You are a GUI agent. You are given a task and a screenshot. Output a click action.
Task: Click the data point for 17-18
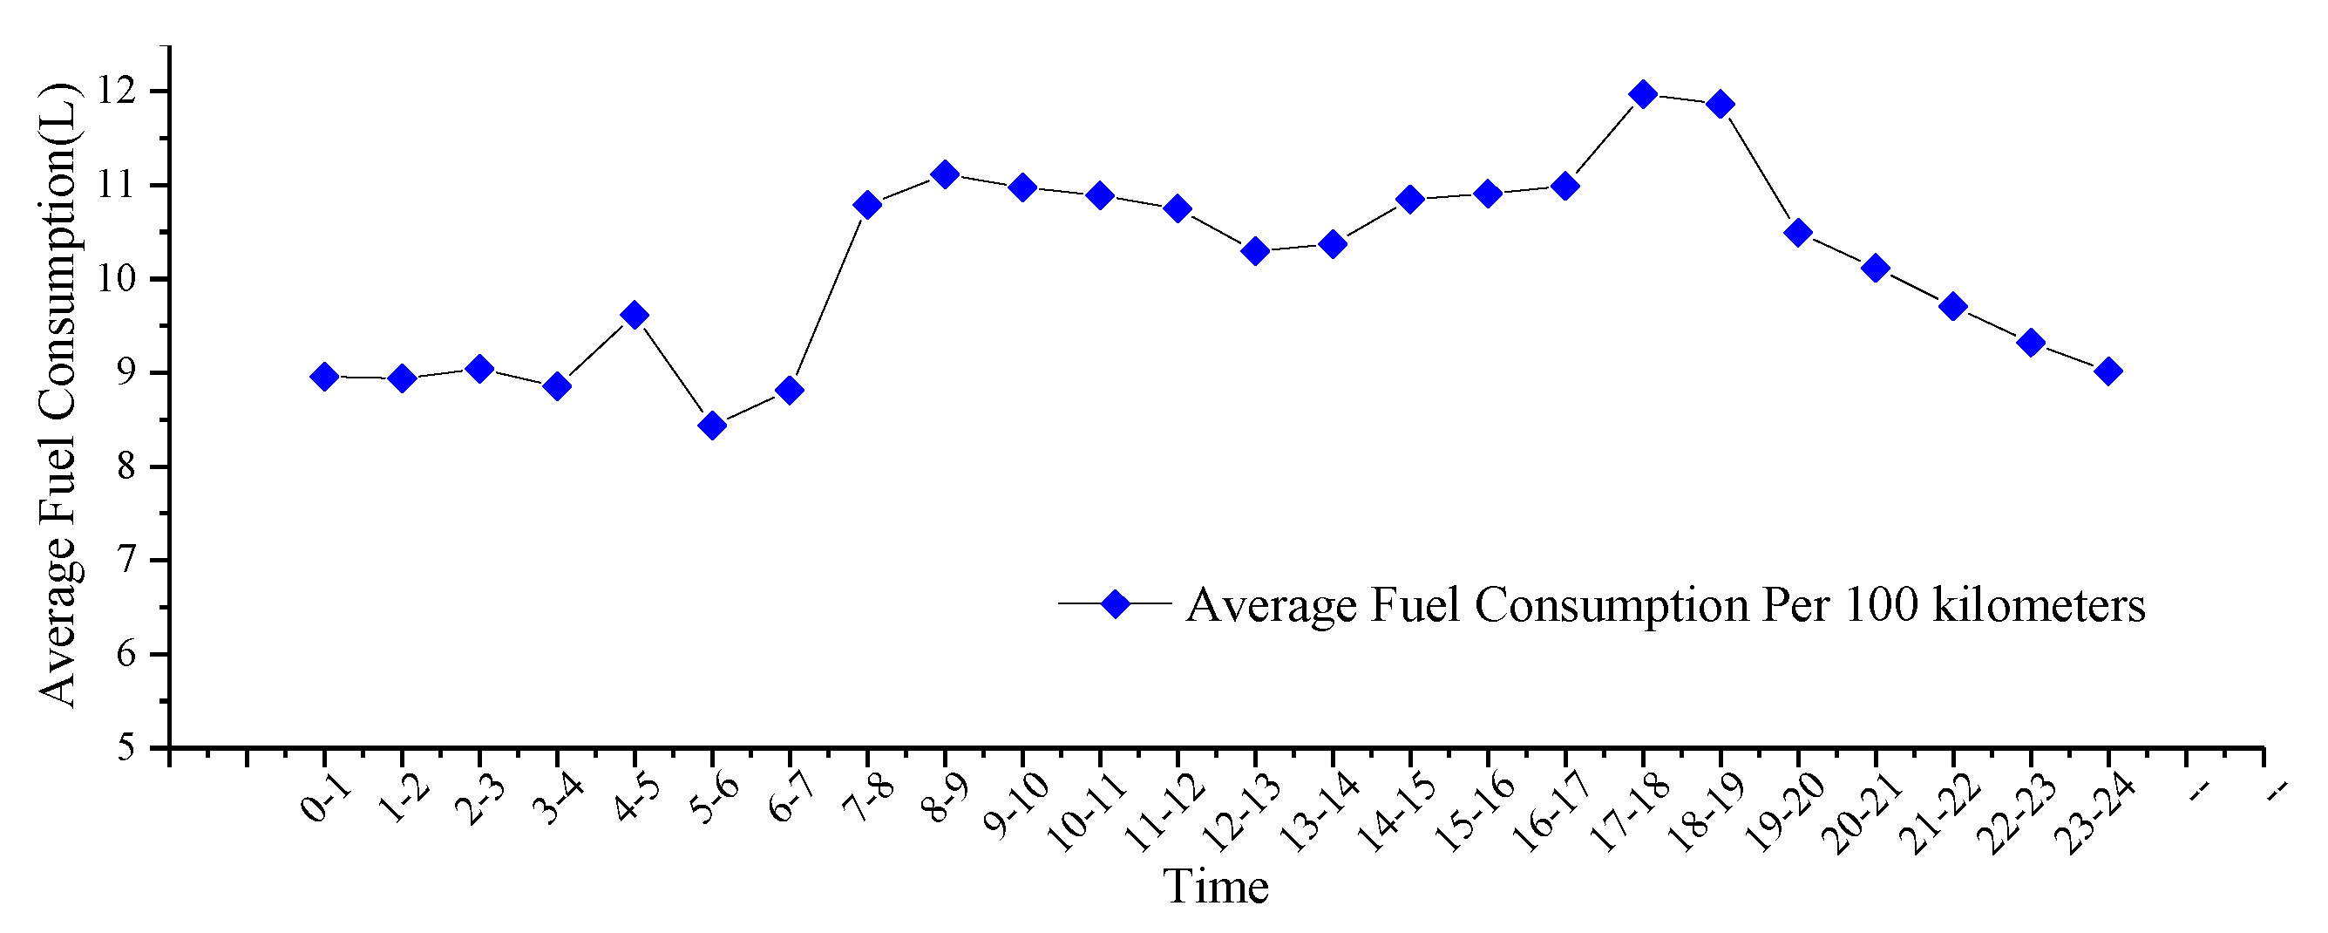click(x=1643, y=94)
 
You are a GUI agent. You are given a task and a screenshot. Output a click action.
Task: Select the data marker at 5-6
click(x=712, y=425)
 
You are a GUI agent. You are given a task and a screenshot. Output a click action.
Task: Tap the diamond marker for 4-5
click(x=635, y=316)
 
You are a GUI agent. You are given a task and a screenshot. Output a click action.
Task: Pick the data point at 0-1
click(x=324, y=377)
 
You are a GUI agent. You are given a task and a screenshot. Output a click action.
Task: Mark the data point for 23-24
click(x=2108, y=371)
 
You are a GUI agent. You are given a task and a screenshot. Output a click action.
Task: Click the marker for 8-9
click(x=945, y=174)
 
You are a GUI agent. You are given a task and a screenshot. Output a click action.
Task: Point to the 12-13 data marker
click(x=1255, y=251)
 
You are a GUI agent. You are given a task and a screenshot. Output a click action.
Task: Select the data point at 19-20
click(x=1798, y=232)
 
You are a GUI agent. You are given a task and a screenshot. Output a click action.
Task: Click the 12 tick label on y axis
click(x=118, y=92)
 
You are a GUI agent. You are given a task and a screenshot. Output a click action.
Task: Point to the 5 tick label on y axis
click(x=126, y=747)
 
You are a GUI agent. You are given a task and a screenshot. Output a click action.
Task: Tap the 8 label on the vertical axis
click(x=126, y=466)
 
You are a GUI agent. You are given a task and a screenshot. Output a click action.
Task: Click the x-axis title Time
click(x=1215, y=887)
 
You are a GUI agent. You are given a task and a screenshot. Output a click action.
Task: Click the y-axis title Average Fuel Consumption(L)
click(x=58, y=394)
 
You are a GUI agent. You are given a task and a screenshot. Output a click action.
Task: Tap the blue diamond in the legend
click(x=1116, y=605)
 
